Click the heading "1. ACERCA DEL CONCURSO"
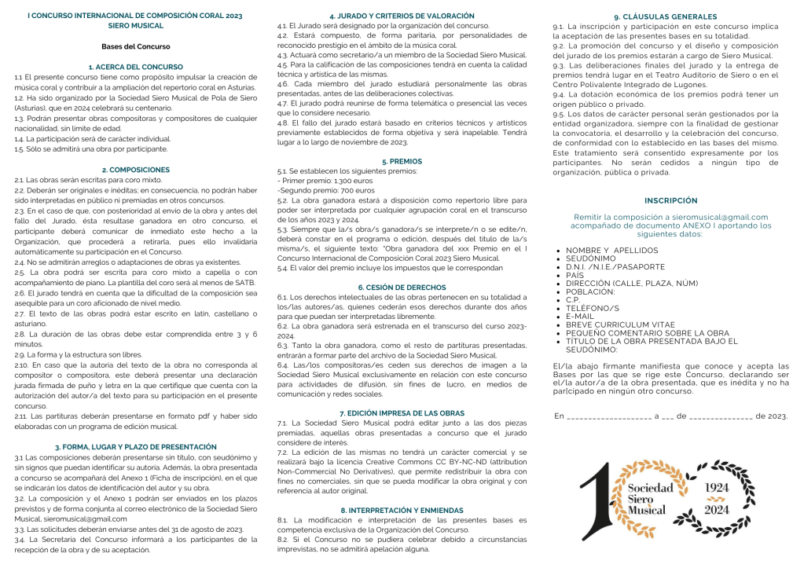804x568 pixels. pos(135,67)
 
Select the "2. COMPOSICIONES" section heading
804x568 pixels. pos(135,170)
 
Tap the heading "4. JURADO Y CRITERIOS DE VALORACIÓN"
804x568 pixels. pos(402,16)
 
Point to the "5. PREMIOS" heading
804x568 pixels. pos(402,161)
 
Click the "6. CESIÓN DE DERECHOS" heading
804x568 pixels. pos(402,288)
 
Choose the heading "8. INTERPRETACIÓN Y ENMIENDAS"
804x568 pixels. pos(402,510)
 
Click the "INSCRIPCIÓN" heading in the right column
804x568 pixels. pos(670,201)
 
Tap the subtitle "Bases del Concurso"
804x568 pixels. pos(135,46)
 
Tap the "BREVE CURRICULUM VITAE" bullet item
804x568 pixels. pos(620,324)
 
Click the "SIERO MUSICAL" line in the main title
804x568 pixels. pos(135,26)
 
